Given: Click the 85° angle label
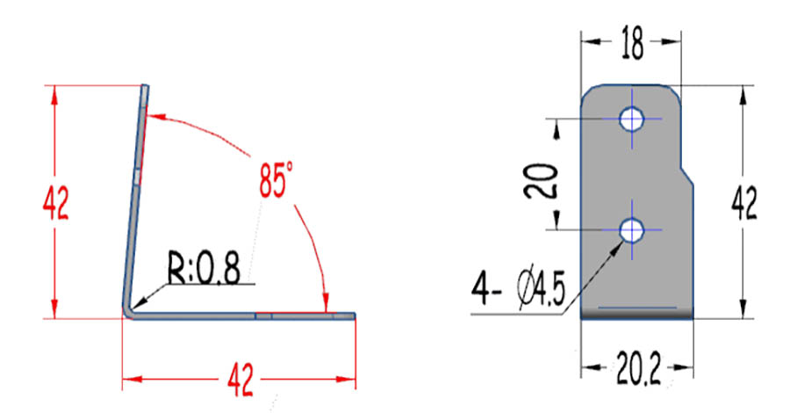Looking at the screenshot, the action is (x=276, y=179).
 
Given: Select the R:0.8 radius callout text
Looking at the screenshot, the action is (x=204, y=266).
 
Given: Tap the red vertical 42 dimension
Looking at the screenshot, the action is (x=55, y=203).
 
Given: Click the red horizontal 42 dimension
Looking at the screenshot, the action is (x=241, y=380).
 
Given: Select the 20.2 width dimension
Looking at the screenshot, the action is (x=638, y=368).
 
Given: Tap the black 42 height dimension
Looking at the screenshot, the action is (x=744, y=203).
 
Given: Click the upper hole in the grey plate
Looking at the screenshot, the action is (x=632, y=119).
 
